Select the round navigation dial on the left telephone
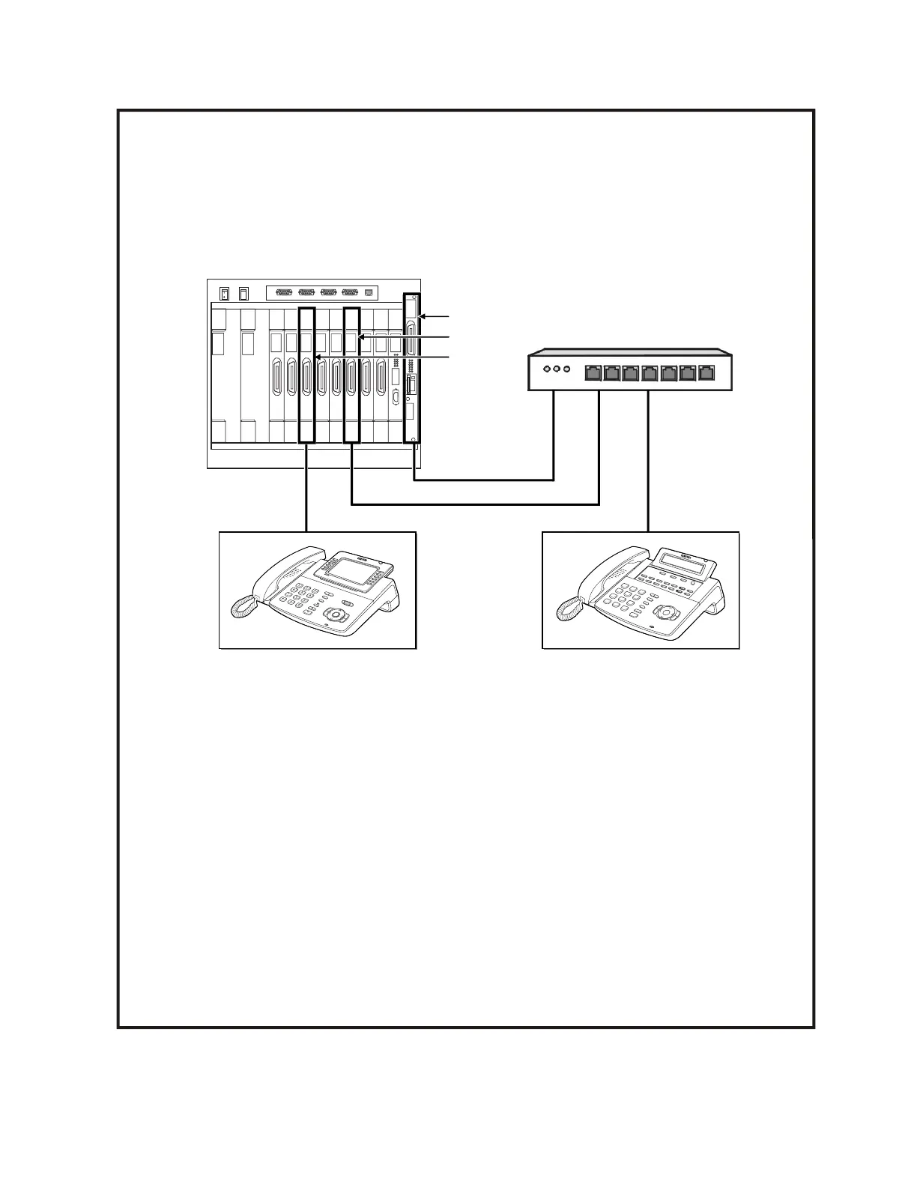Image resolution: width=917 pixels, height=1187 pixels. point(336,615)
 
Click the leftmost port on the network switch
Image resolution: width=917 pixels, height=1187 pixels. point(593,371)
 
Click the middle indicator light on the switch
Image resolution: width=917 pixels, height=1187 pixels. point(556,369)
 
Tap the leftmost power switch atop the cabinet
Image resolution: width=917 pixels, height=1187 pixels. point(224,294)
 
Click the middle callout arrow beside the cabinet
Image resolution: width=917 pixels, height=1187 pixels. point(405,338)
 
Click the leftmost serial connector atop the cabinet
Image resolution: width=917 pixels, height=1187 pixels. point(285,293)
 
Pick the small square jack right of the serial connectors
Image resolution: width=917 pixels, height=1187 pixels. point(367,293)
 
